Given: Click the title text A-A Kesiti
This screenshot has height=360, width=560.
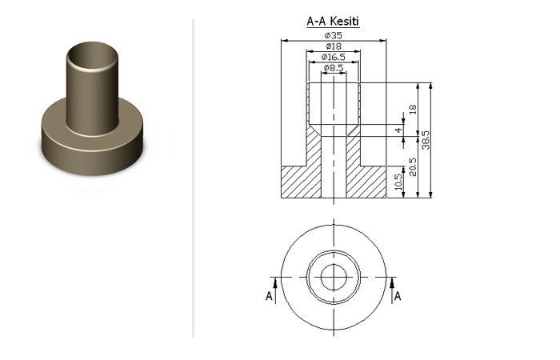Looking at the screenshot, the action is tap(333, 22).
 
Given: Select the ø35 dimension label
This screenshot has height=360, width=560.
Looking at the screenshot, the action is tap(334, 35).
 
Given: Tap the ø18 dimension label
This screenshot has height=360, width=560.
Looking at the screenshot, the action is tap(334, 46).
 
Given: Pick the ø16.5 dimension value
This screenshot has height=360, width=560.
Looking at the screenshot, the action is tap(334, 57).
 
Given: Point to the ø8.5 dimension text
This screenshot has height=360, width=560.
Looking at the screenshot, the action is tap(334, 68).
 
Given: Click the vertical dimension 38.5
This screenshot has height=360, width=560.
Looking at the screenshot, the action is tap(426, 140).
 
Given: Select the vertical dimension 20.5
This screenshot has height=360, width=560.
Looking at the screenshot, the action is tap(413, 167).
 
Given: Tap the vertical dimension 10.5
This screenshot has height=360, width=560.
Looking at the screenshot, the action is tap(399, 182).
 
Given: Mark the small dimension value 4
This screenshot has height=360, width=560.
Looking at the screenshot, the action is tap(398, 130).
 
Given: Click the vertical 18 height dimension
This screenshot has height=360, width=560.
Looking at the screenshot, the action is tap(413, 110).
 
